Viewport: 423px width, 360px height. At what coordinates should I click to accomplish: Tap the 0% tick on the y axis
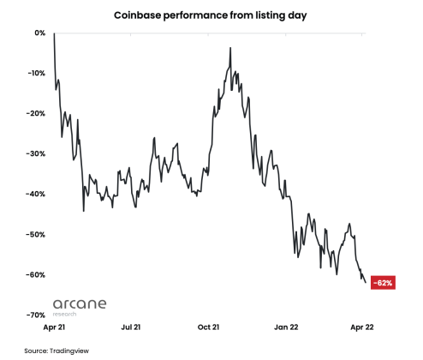coord(39,33)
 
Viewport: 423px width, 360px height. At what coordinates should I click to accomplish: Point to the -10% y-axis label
coord(37,73)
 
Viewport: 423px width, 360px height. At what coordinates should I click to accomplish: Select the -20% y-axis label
coord(37,113)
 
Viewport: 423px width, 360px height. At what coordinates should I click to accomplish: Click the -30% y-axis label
coord(37,153)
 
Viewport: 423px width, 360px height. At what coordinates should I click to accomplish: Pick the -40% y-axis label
coord(37,194)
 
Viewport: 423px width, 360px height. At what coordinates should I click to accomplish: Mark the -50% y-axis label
coord(37,234)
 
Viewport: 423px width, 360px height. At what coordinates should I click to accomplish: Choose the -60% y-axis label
coord(37,274)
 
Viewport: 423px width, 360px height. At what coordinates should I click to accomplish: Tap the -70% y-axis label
coord(37,315)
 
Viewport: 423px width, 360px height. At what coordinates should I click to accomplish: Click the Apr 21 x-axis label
coord(53,327)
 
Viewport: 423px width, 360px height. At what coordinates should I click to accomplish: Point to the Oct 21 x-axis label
coord(209,327)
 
